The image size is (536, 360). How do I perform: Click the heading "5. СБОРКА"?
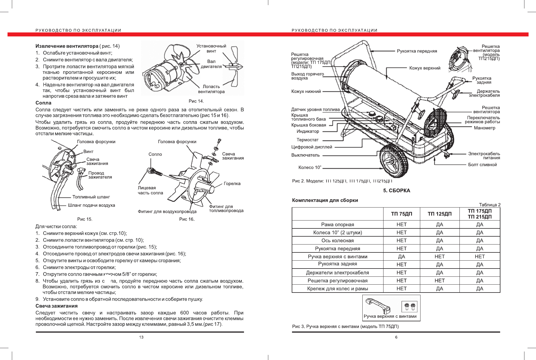396,191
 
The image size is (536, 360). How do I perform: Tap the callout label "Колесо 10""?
310,167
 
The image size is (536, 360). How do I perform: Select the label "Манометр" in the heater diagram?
484,128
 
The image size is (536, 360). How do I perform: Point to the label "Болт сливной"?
482,165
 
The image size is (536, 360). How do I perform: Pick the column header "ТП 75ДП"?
401,214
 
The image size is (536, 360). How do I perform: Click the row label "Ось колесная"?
337,241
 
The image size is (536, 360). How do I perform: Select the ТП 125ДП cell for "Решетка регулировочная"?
439,281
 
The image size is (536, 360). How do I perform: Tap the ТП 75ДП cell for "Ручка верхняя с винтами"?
401,257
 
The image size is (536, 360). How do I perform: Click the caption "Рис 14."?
196,101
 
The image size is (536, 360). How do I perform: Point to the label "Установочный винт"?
211,48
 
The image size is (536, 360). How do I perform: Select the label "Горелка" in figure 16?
232,184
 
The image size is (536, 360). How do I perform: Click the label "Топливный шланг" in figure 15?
91,197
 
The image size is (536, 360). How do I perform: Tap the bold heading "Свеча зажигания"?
56,306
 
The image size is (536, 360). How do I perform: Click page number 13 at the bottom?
141,337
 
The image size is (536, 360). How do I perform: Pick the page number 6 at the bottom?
396,337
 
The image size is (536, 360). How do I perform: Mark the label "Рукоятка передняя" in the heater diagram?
417,51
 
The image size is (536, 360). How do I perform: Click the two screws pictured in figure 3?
409,306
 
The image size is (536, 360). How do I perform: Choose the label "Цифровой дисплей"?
311,147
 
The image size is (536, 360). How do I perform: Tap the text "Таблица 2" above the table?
489,205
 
